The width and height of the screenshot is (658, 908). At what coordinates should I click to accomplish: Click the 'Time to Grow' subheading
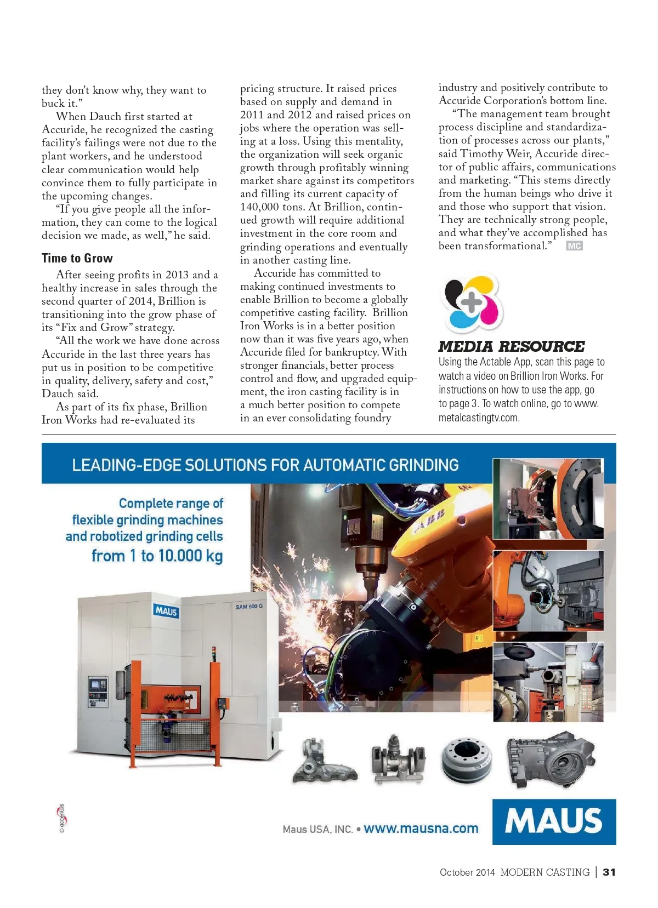(x=77, y=258)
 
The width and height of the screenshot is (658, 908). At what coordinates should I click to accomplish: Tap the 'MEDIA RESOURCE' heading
(x=511, y=346)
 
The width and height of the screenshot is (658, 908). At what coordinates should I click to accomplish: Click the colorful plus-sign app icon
(x=472, y=302)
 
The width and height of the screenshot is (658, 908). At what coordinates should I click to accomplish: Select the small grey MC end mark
(x=574, y=246)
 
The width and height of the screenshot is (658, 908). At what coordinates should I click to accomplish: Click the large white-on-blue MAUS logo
(x=554, y=821)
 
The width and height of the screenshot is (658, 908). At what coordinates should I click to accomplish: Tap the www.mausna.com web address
(x=421, y=829)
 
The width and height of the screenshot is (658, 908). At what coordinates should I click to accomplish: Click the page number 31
(x=609, y=872)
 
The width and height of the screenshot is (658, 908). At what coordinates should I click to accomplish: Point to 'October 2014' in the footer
(x=467, y=872)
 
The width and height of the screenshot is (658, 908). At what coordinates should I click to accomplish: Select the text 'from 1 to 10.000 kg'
(x=157, y=556)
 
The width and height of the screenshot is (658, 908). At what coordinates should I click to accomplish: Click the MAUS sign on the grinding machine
(x=166, y=610)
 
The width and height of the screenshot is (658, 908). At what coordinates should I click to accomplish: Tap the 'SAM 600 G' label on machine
(x=249, y=607)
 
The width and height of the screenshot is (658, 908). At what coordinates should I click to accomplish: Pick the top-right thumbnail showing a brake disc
(x=548, y=500)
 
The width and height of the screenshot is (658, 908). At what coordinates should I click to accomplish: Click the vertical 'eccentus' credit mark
(x=62, y=818)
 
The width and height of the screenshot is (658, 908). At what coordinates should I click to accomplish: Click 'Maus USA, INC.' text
(x=317, y=829)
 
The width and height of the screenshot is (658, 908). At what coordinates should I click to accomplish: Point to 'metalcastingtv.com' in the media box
(x=479, y=418)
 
